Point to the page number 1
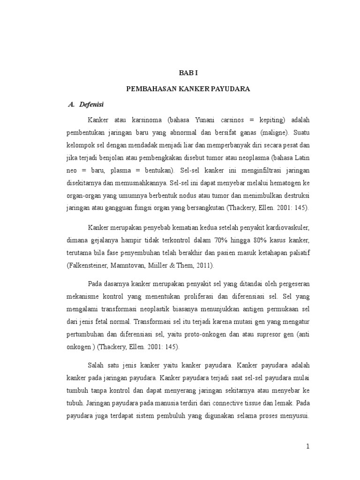pos(308,447)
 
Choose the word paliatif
pos(298,253)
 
